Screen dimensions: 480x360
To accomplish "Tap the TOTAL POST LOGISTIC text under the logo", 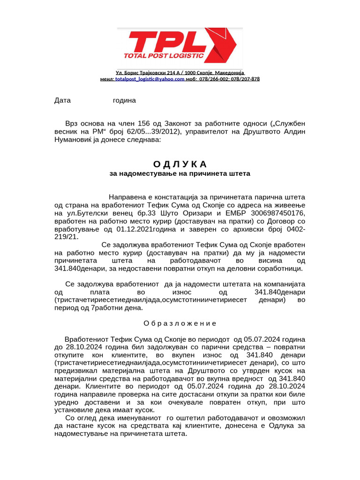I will coord(163,56).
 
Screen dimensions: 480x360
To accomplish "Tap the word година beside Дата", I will coord(124,100).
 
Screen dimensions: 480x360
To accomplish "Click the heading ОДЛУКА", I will coord(180,164).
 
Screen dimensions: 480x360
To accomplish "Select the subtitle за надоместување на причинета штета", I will coord(180,173).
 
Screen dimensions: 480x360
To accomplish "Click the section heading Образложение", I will coord(180,323).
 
